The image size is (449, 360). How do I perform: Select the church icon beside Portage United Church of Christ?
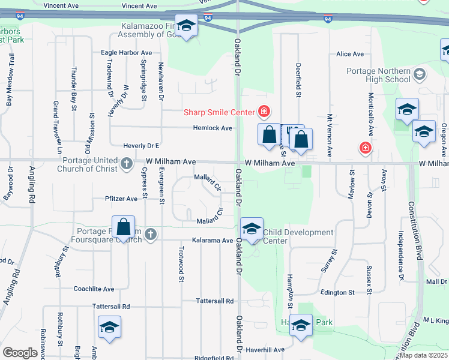click(x=127, y=163)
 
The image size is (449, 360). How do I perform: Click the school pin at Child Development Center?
click(x=252, y=229)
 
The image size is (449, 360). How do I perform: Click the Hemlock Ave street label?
click(x=212, y=128)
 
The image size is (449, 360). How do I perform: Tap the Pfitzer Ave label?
click(x=121, y=198)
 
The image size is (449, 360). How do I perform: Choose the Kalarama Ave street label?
click(x=212, y=241)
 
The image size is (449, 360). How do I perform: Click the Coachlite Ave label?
click(x=94, y=289)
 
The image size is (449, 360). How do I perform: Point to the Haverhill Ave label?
click(x=264, y=350)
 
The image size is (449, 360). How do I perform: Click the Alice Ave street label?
click(x=350, y=54)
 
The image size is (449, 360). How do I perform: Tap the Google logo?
click(x=20, y=353)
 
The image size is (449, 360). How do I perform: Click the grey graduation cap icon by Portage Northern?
click(x=420, y=75)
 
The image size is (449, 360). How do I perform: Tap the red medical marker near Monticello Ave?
click(x=364, y=148)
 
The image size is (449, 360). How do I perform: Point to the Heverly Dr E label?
click(x=141, y=146)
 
